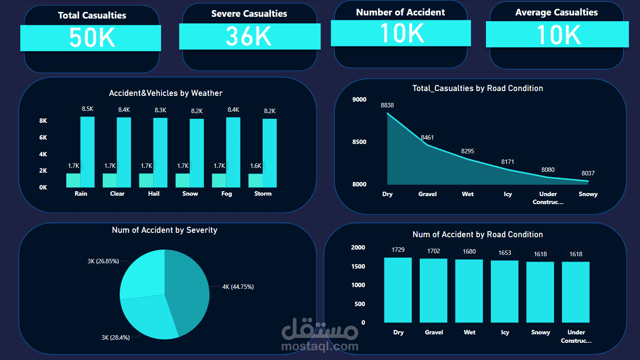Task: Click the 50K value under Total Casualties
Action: [92, 38]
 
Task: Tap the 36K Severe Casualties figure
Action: [249, 36]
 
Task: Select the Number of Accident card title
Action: [400, 12]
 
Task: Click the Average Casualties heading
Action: [557, 12]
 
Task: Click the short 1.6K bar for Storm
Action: [256, 180]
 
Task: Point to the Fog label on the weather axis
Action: [226, 193]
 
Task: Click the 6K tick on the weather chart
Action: [43, 137]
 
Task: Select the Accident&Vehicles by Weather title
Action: [166, 93]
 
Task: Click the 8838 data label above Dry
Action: [388, 105]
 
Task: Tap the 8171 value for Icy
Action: [508, 162]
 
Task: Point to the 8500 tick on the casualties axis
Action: [359, 142]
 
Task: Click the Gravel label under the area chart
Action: [427, 194]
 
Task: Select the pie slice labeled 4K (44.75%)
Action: [188, 292]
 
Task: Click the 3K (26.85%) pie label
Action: [103, 261]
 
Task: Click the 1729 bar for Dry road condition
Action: [398, 290]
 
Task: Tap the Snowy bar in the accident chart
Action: [540, 292]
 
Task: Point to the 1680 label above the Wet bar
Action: [469, 251]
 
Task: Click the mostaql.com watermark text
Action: [320, 346]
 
